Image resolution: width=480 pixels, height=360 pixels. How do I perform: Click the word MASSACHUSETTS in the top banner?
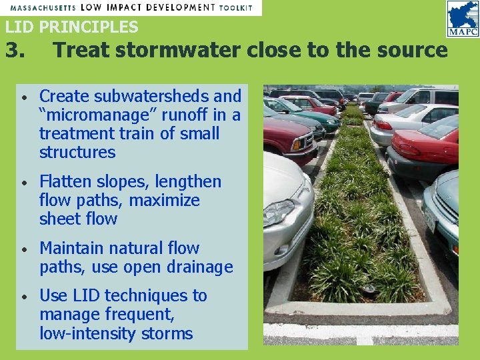[41, 7]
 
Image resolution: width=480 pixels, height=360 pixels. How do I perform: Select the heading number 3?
[15, 50]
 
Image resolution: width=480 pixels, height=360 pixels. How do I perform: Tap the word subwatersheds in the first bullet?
[147, 97]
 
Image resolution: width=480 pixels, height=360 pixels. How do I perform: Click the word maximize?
[164, 201]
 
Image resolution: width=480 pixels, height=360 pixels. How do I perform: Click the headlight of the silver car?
[279, 213]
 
